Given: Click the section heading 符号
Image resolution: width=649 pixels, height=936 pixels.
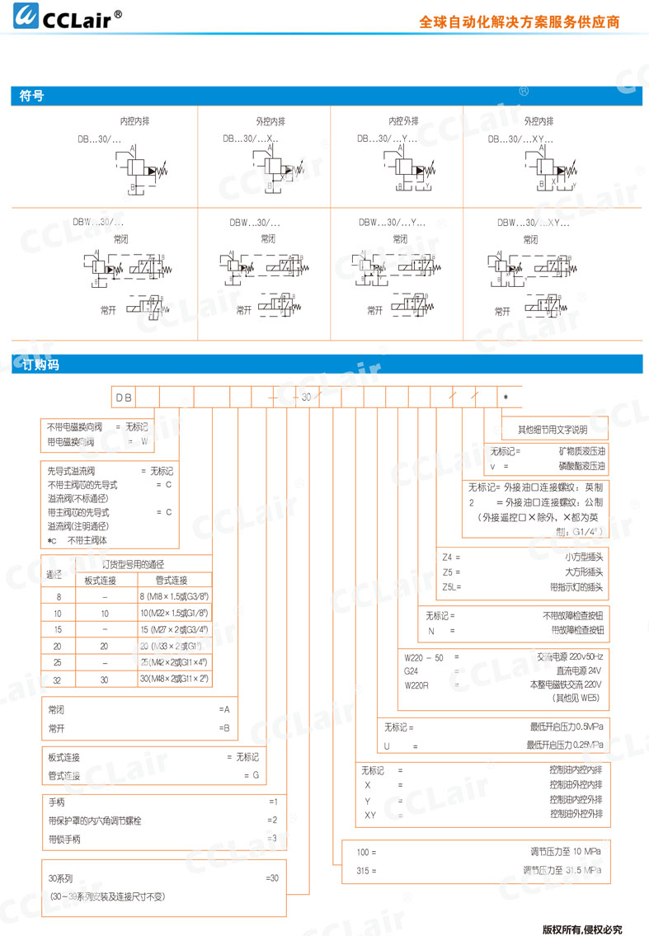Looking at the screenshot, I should (x=31, y=96).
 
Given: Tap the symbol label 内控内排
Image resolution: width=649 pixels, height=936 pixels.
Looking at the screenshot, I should (x=134, y=121).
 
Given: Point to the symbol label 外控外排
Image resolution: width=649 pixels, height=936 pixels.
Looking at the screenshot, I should (x=538, y=121).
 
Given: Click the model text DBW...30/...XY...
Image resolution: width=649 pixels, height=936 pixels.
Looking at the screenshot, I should (x=534, y=223).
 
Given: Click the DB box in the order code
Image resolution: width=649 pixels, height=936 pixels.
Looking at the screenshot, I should (x=124, y=397).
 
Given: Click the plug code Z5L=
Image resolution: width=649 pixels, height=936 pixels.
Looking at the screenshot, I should (x=452, y=587).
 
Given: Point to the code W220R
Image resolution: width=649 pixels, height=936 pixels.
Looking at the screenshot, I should (x=417, y=684).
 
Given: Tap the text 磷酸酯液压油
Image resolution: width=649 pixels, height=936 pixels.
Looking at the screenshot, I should (x=581, y=466).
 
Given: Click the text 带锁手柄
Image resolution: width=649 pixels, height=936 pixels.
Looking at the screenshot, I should (x=65, y=840).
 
